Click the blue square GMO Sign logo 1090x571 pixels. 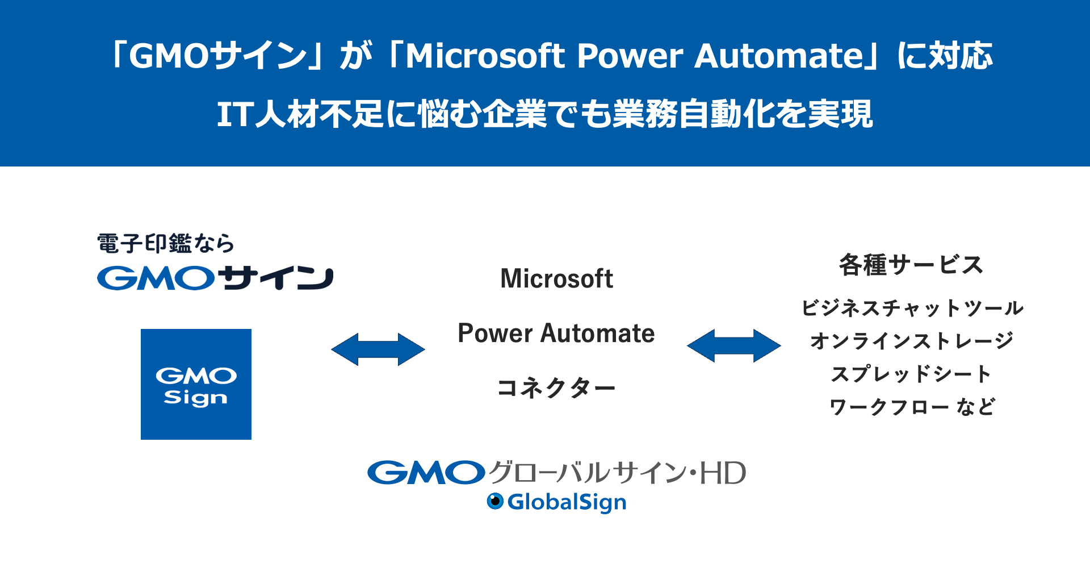[196, 384]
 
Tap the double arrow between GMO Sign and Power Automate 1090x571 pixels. [378, 349]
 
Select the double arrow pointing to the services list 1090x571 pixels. [734, 345]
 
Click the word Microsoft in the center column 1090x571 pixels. [556, 278]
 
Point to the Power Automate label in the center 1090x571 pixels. [556, 333]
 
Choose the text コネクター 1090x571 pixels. [556, 388]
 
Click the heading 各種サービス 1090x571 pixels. [911, 265]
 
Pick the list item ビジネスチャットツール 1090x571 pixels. [912, 308]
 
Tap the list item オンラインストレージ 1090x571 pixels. [912, 341]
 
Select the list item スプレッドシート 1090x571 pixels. [912, 374]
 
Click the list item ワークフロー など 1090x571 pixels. [912, 407]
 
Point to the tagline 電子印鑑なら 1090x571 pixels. [166, 244]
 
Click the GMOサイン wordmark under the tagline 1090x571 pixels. [215, 278]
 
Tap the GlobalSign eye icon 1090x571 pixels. [495, 501]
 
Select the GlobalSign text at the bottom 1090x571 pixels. [567, 502]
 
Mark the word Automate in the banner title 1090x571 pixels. [779, 56]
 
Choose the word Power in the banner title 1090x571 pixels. [630, 56]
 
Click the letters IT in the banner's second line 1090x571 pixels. [235, 114]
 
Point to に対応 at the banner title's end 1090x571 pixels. [945, 56]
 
